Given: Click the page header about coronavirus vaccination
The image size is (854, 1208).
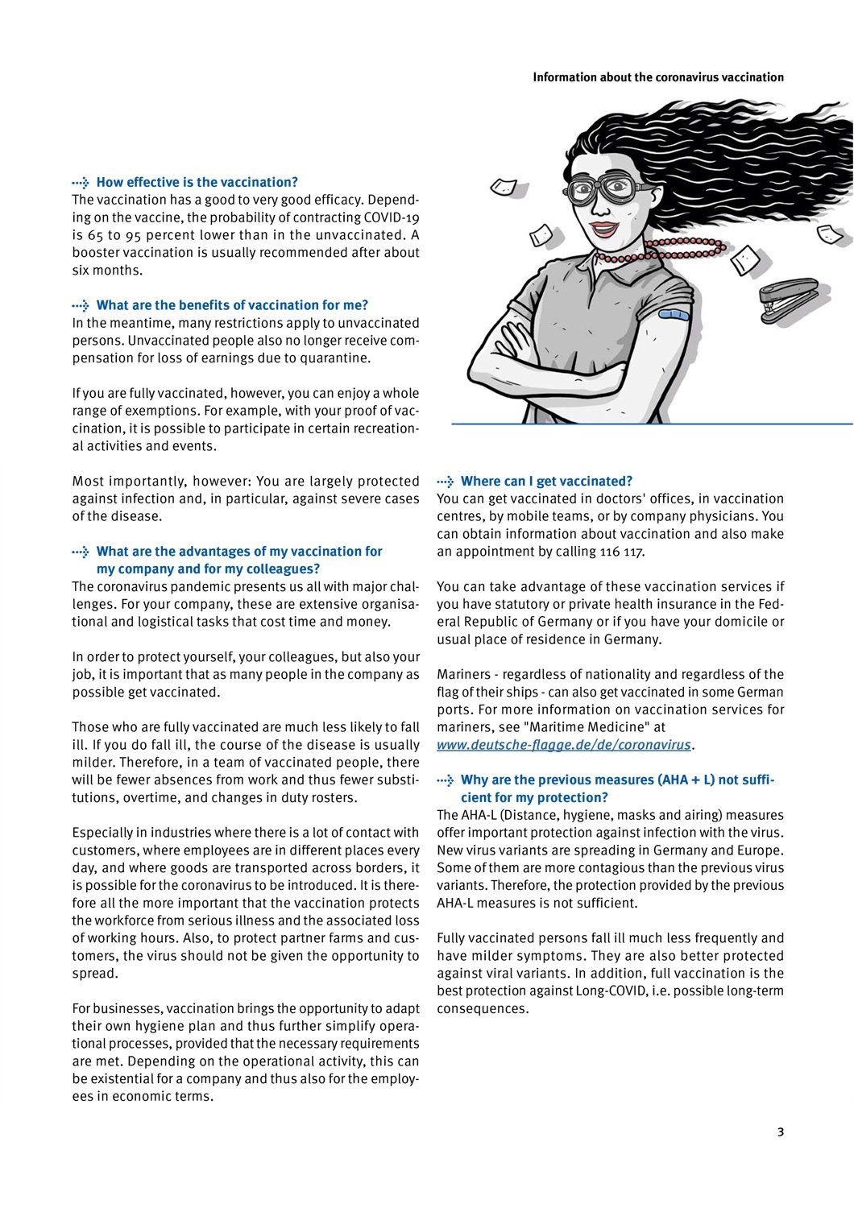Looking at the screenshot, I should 657,77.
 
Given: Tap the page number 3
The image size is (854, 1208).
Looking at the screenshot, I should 780,1131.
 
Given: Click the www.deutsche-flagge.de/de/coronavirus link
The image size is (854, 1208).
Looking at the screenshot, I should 564,745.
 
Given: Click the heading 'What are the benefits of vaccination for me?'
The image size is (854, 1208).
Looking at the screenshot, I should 232,305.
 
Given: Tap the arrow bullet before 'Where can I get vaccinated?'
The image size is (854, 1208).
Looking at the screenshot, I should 446,482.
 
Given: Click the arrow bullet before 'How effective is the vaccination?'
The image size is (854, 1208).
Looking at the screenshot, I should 81,183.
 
